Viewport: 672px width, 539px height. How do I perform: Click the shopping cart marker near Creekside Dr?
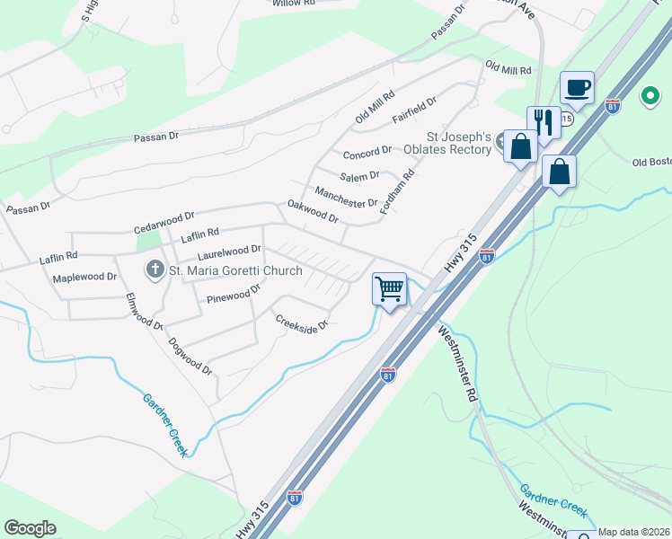pos(389,289)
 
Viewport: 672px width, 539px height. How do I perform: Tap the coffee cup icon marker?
pos(578,88)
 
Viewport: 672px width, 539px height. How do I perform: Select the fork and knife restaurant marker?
pos(544,122)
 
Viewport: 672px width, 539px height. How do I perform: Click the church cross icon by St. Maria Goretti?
pos(155,269)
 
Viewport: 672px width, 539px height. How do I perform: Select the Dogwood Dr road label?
pos(190,356)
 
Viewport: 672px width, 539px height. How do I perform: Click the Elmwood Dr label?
pos(144,313)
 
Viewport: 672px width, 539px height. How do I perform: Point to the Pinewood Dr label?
pos(233,293)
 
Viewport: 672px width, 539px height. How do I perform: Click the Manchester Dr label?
pos(346,197)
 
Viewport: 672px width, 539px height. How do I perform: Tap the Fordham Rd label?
pos(396,191)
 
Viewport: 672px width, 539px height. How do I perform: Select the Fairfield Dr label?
pos(414,112)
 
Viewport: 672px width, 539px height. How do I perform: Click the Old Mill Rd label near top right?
pos(508,67)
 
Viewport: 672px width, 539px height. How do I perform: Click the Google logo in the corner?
pos(30,528)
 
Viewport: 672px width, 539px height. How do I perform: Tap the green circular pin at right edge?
pos(650,95)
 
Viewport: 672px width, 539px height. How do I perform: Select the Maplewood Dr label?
pos(84,278)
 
